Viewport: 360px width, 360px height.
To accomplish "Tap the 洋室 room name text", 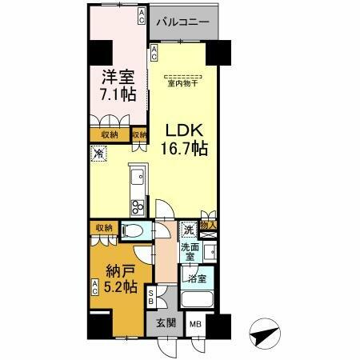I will pos(116,78).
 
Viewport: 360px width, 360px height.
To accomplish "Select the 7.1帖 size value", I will pos(118,94).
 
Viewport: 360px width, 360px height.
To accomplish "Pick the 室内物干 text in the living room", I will pos(183,82).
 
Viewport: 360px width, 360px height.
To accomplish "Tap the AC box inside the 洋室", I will pos(141,16).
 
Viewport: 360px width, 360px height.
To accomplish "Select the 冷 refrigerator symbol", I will pos(99,154).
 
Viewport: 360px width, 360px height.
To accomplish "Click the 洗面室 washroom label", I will pos(190,252).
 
